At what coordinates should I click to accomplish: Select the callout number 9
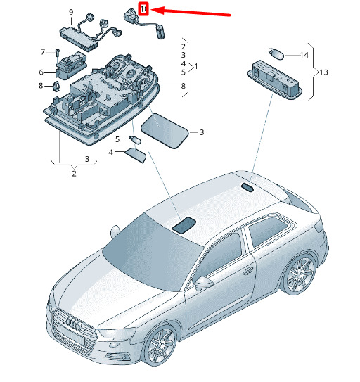(71, 12)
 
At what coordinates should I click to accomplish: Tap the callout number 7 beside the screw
(43, 52)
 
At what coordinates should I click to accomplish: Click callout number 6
(41, 72)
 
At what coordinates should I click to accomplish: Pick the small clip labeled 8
(57, 86)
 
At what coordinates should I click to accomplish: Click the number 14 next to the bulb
(304, 55)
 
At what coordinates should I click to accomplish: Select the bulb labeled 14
(276, 53)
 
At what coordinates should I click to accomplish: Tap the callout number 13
(323, 72)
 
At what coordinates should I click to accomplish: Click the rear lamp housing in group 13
(275, 80)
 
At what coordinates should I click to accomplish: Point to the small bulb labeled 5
(135, 140)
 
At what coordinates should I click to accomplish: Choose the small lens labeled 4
(136, 155)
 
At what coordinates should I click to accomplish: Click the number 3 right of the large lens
(202, 132)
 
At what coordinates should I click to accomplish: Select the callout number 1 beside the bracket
(196, 66)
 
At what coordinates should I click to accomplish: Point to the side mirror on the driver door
(204, 283)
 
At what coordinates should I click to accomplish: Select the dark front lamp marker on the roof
(184, 224)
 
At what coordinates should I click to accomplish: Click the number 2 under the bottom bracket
(74, 174)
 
